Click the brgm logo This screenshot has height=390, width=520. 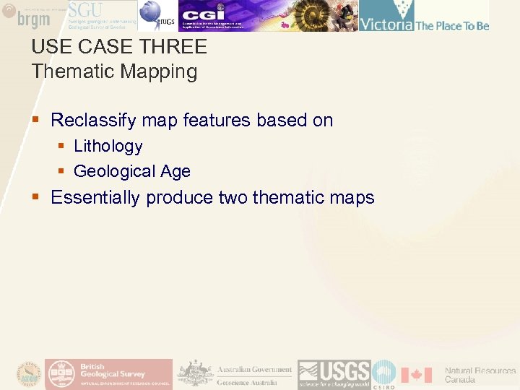click(32, 17)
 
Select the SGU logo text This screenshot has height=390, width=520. click(86, 11)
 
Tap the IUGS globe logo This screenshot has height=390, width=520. click(153, 14)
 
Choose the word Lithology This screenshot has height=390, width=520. click(108, 147)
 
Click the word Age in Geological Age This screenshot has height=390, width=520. click(175, 172)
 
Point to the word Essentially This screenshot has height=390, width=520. click(96, 198)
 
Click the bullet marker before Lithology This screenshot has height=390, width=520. click(62, 147)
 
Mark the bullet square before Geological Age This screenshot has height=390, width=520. click(62, 172)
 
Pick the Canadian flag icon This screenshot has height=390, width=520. click(416, 374)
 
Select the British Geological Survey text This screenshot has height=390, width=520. click(113, 370)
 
